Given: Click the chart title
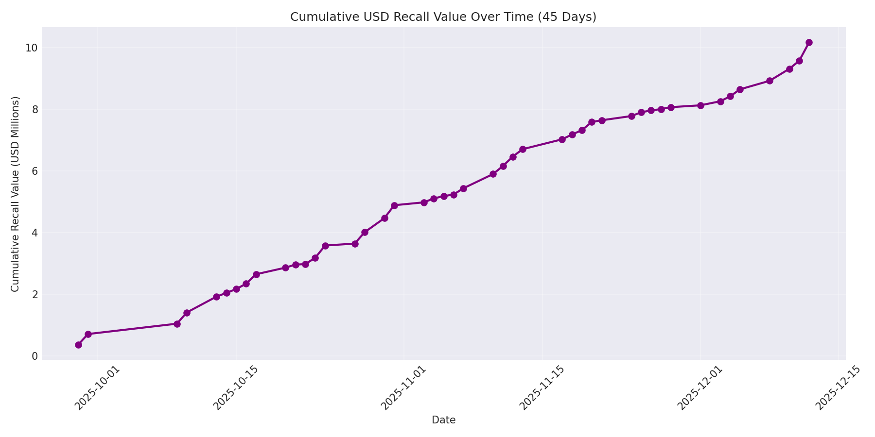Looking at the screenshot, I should (x=443, y=17).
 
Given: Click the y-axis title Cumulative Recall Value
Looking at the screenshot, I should (x=15, y=194).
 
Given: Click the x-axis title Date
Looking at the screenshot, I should (x=443, y=420).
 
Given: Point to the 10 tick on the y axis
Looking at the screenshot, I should (x=32, y=48).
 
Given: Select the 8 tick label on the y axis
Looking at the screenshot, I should (x=35, y=109).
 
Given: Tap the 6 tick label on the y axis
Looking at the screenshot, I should (x=35, y=171).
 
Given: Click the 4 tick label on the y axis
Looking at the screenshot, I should (x=35, y=233).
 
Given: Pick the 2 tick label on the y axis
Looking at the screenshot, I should (x=35, y=294).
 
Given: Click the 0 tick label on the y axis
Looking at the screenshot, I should (x=35, y=356).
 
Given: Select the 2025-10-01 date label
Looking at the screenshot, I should (x=97, y=388).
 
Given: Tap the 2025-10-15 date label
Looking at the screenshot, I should (x=236, y=388).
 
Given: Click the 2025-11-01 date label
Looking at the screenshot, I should (x=403, y=388).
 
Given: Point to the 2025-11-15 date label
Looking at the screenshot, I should (x=542, y=388).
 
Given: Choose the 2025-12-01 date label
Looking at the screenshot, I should (x=700, y=388).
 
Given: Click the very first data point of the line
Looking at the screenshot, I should (x=78, y=345).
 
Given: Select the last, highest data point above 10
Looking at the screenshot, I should (x=809, y=42).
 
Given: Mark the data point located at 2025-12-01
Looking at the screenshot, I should (x=700, y=105).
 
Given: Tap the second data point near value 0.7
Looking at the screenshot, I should (x=88, y=334).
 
